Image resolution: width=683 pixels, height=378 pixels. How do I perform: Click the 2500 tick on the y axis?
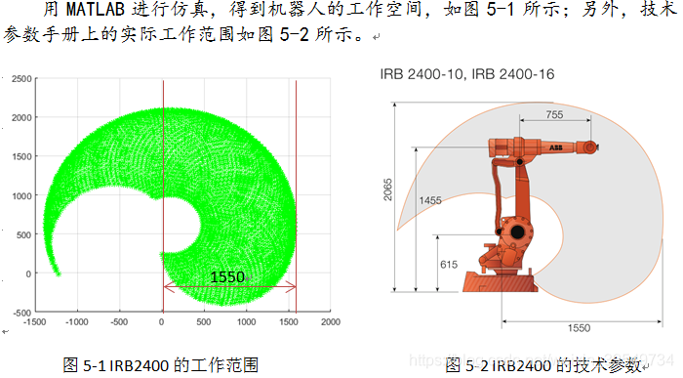click(x=21, y=79)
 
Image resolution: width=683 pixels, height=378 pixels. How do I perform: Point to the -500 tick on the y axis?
click(x=22, y=313)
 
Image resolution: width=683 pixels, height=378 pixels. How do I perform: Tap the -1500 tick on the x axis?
click(x=34, y=322)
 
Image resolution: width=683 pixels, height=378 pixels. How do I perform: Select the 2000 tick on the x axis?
click(x=331, y=322)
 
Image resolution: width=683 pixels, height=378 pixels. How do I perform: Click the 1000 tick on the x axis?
click(x=246, y=322)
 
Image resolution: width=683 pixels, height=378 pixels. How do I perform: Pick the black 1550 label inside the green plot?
click(x=227, y=276)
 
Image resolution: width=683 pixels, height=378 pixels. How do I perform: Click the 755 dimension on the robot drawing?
click(x=554, y=114)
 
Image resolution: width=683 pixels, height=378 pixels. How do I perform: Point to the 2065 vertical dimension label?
click(x=387, y=189)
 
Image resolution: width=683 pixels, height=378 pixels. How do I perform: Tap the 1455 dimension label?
click(x=430, y=200)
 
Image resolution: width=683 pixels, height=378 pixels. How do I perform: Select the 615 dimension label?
click(x=449, y=265)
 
